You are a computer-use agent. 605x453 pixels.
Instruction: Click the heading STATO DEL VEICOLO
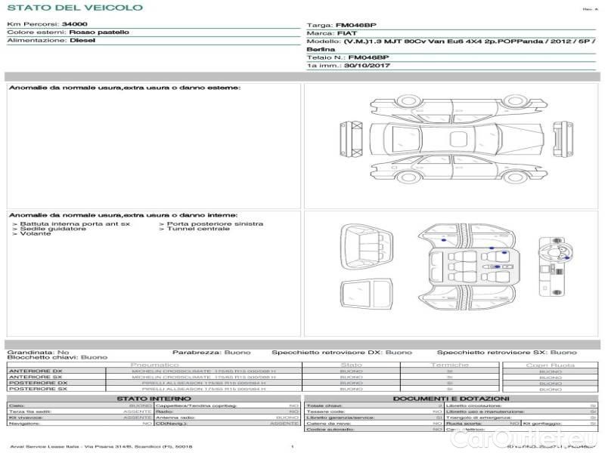click(74, 8)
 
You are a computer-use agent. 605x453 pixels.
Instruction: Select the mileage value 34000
click(74, 24)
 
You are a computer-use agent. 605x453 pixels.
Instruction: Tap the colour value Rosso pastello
click(99, 32)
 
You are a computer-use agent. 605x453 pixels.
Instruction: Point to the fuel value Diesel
click(82, 41)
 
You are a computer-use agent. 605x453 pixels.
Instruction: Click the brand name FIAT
click(346, 33)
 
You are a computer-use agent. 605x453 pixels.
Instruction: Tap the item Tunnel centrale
click(198, 229)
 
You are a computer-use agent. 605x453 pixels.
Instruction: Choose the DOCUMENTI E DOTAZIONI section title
click(451, 398)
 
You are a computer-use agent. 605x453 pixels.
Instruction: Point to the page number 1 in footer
click(292, 447)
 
